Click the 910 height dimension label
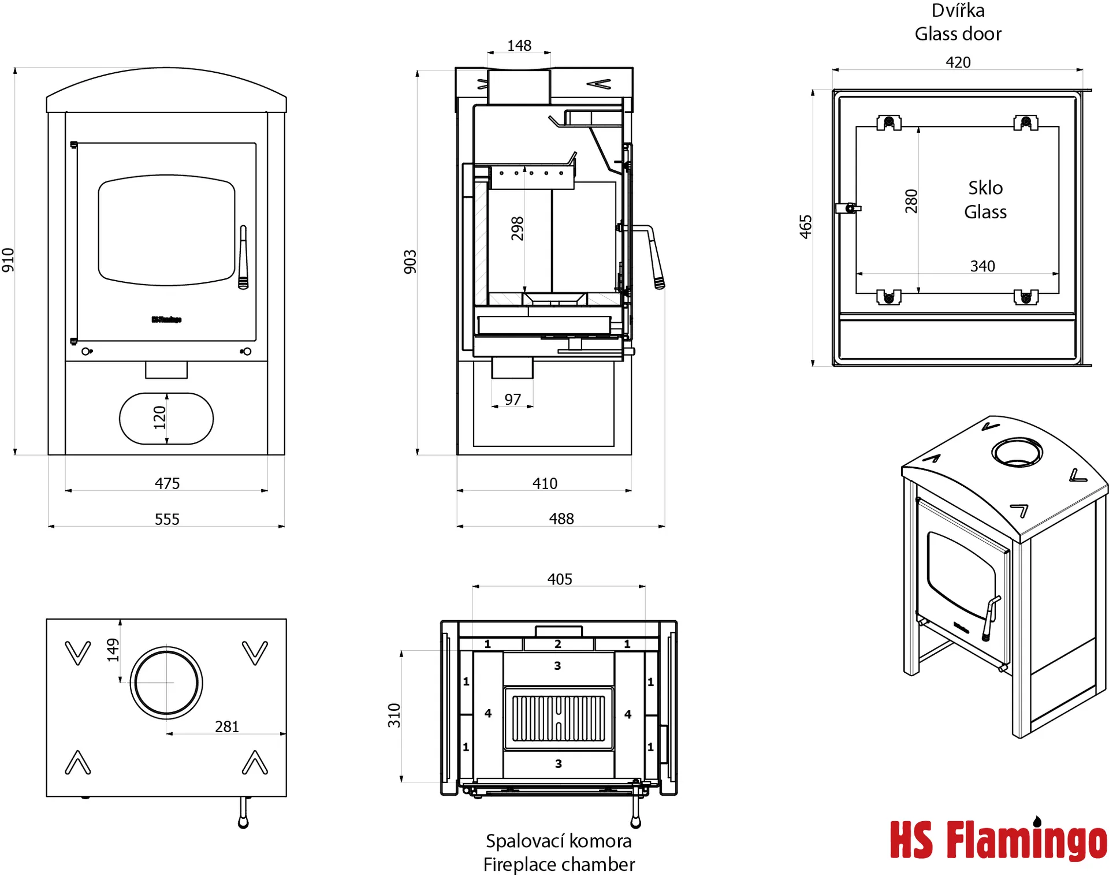point(8,260)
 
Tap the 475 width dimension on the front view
point(167,483)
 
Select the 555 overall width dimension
point(167,519)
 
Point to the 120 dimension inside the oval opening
point(159,418)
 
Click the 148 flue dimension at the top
point(519,46)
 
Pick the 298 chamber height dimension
point(517,229)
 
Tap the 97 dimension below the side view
point(512,400)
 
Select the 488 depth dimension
point(561,519)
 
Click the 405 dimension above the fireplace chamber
point(560,579)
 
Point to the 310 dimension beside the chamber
point(394,715)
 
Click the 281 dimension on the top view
point(226,726)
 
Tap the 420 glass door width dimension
point(958,62)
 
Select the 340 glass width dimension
point(982,266)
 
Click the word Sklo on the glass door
point(985,188)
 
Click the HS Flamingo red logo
point(998,840)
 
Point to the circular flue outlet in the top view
point(166,683)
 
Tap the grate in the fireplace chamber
point(559,718)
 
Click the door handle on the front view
point(243,258)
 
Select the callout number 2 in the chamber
point(558,644)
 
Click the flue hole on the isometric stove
point(1017,452)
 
